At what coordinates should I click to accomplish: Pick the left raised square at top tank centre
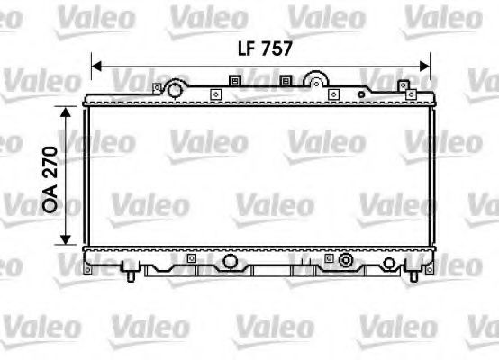point(237,81)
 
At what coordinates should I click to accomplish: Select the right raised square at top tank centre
point(286,81)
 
